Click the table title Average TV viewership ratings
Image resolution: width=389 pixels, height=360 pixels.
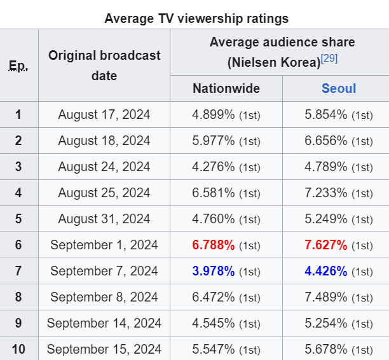click(196, 18)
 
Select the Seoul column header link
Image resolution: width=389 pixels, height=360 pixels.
click(339, 88)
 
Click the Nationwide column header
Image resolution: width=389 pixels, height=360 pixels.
click(226, 88)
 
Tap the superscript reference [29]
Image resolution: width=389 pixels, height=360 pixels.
click(329, 59)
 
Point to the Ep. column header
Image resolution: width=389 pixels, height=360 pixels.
click(18, 65)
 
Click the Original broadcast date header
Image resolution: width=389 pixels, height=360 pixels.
click(104, 65)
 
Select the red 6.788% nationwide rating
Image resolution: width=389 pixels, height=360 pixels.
click(213, 245)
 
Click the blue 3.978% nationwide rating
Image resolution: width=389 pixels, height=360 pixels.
click(213, 271)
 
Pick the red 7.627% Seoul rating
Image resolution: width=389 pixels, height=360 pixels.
click(326, 245)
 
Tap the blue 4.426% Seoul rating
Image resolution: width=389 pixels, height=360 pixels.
click(326, 271)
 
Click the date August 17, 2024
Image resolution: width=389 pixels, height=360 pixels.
click(104, 114)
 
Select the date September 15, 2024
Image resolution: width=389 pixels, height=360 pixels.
click(104, 349)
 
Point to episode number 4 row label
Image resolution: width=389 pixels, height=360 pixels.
click(18, 193)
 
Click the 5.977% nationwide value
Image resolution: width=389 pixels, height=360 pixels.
click(213, 141)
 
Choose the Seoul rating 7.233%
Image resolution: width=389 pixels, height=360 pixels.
click(326, 193)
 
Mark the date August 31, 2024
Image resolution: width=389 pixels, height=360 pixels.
click(104, 219)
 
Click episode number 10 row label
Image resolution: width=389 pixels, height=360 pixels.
click(18, 349)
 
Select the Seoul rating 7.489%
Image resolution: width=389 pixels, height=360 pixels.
click(326, 297)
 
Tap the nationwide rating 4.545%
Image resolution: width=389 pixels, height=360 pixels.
click(213, 323)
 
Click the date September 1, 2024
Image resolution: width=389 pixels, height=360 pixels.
click(104, 245)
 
